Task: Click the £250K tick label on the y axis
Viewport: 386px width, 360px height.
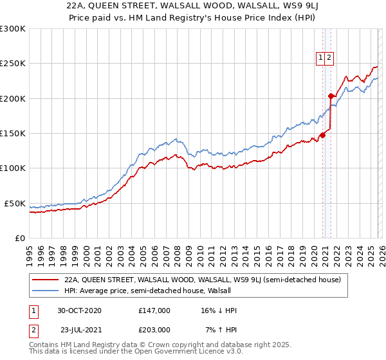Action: point(13,64)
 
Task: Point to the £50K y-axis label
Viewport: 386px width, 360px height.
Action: point(15,203)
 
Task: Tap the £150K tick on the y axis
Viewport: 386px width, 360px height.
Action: point(13,133)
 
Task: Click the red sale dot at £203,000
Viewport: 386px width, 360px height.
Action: point(331,96)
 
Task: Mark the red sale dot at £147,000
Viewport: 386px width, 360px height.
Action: point(322,136)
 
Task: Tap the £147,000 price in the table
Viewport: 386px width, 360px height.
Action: point(154,310)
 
